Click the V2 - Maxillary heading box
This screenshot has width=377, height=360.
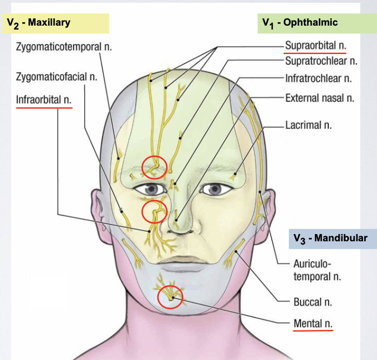[55, 23]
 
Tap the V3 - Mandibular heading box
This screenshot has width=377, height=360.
[331, 238]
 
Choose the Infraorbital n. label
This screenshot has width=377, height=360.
[44, 101]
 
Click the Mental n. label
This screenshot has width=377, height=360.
[313, 323]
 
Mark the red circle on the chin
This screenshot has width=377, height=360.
[170, 298]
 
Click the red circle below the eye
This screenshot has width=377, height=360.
[154, 211]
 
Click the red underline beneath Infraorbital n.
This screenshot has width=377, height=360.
[44, 108]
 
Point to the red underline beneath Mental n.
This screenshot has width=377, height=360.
[313, 330]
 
